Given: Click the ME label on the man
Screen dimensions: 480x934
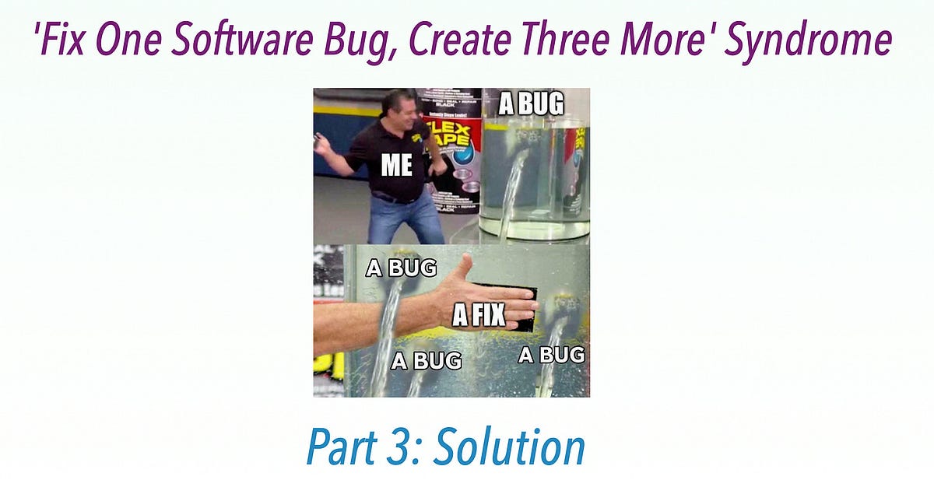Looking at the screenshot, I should pyautogui.click(x=396, y=165).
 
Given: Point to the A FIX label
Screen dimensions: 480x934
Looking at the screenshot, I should pyautogui.click(x=479, y=314).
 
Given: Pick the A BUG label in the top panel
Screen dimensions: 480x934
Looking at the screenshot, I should pyautogui.click(x=531, y=103).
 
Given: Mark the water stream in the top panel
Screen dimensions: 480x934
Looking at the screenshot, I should pyautogui.click(x=512, y=187).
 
